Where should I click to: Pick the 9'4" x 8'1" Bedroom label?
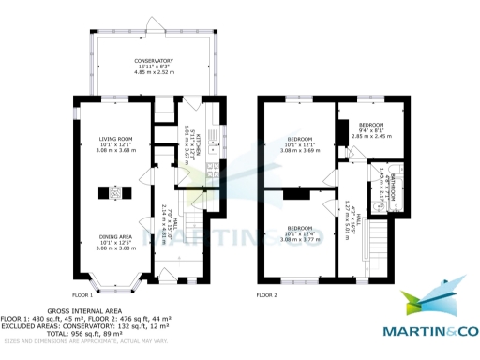(x=372, y=129)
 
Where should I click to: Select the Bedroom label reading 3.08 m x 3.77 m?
(x=300, y=234)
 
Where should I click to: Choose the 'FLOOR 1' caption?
(x=83, y=295)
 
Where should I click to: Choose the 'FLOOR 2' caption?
(x=268, y=295)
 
